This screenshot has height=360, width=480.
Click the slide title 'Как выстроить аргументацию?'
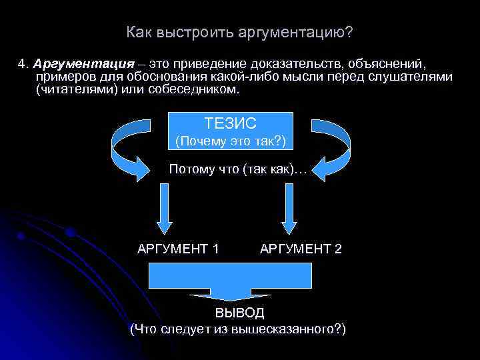click(x=239, y=32)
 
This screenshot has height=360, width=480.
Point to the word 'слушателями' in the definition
click(x=414, y=77)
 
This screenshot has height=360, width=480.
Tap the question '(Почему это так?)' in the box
click(x=229, y=141)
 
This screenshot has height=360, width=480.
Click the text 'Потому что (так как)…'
click(x=238, y=169)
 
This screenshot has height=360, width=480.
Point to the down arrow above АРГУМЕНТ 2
click(x=289, y=207)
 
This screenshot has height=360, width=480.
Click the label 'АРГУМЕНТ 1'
click(x=178, y=249)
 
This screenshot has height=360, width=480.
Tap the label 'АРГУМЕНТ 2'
click(x=301, y=249)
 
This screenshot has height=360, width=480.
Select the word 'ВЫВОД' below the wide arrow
click(x=239, y=313)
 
